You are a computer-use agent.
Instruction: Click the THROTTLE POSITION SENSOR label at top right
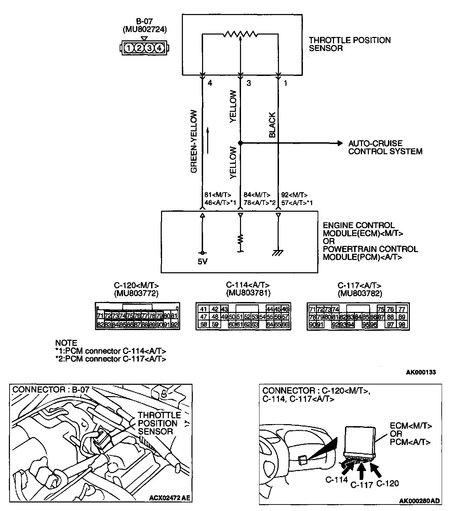click(349, 44)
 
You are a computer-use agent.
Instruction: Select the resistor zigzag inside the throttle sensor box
click(240, 34)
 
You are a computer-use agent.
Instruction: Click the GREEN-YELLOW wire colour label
click(194, 141)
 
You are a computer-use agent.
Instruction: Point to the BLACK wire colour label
click(272, 125)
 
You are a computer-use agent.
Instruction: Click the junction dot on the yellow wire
click(240, 143)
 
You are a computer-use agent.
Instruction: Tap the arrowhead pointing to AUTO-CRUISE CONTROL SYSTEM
click(339, 143)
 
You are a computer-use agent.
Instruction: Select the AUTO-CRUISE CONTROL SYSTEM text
click(385, 147)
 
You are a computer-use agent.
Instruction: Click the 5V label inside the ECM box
click(202, 262)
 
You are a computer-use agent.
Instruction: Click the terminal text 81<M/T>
click(218, 195)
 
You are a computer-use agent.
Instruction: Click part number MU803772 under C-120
click(136, 293)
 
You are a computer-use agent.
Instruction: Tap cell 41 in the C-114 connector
click(203, 309)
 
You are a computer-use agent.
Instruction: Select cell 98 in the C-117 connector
click(402, 324)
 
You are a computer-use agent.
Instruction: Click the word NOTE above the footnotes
click(66, 343)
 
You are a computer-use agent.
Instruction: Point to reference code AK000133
click(421, 372)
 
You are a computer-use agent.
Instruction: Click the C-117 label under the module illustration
click(361, 485)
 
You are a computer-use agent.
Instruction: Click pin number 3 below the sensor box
click(249, 83)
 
